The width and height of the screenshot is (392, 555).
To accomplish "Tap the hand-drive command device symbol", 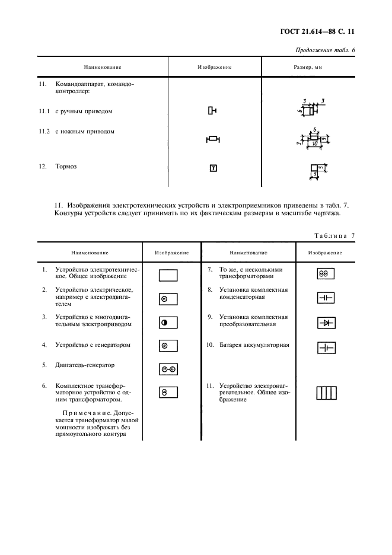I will click(x=212, y=110).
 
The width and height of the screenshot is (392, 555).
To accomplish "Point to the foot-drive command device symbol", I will click(x=213, y=139).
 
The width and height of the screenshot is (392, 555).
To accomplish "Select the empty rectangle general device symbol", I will click(x=168, y=275).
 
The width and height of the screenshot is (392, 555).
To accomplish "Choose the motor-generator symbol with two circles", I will click(x=168, y=369).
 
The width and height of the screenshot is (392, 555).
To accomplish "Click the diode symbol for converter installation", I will click(x=326, y=323).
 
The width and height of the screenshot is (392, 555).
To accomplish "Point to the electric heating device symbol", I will click(x=326, y=393).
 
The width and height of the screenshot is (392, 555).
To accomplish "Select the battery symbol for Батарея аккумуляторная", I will click(x=326, y=349).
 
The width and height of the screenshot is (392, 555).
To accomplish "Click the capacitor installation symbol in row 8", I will click(x=326, y=298).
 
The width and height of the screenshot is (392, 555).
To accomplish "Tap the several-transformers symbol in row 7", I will click(x=326, y=273).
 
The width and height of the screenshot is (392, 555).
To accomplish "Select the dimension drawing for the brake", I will click(x=316, y=171).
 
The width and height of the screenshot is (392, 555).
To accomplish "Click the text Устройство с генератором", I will click(x=93, y=345).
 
